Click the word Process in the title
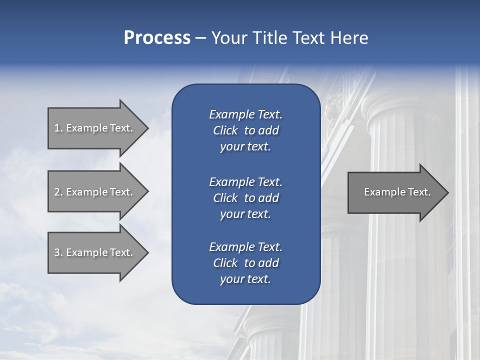tap(157, 38)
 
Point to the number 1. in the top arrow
tap(58, 128)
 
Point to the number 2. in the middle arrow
tap(58, 192)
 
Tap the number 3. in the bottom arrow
tap(58, 252)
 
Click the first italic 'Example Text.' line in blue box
tap(245, 114)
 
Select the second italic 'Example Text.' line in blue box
tap(245, 181)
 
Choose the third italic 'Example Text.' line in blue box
tap(245, 247)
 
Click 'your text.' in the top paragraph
tap(245, 147)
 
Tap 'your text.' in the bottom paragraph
tap(245, 279)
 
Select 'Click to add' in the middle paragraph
tap(245, 198)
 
